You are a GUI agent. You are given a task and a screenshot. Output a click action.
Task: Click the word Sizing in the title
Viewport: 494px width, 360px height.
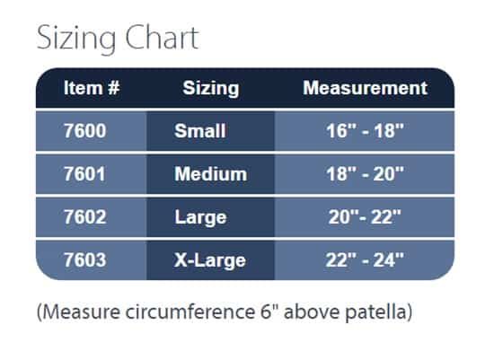click(76, 39)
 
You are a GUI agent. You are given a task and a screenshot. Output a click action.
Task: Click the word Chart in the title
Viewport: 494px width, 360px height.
click(162, 37)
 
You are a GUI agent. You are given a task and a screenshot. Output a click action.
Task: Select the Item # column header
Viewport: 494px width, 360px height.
click(92, 88)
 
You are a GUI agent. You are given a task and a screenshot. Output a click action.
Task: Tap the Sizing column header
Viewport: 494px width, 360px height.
click(211, 89)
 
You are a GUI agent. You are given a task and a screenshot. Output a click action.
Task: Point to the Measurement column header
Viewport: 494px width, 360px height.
click(365, 88)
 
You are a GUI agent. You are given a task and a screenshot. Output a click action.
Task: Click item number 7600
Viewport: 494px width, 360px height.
click(84, 131)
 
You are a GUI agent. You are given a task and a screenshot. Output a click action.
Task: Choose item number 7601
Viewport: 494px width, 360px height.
click(84, 174)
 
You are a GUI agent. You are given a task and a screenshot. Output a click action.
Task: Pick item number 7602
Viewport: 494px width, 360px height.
click(84, 217)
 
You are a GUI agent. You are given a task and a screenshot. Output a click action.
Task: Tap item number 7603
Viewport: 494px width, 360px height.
click(84, 260)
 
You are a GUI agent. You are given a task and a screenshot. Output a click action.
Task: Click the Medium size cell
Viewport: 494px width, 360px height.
click(211, 174)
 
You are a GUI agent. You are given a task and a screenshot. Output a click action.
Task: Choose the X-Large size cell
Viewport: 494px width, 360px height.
click(209, 261)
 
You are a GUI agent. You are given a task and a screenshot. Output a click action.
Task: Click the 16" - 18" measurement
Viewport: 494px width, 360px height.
click(365, 131)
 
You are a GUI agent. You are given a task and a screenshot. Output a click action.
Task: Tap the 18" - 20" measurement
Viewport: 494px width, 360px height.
click(365, 174)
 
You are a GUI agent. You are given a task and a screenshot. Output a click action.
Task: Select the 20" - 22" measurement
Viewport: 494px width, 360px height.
click(365, 217)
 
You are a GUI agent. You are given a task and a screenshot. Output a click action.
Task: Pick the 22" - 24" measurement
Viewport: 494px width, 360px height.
click(365, 260)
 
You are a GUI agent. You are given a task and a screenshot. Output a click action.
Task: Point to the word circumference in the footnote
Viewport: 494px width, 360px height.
click(190, 312)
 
